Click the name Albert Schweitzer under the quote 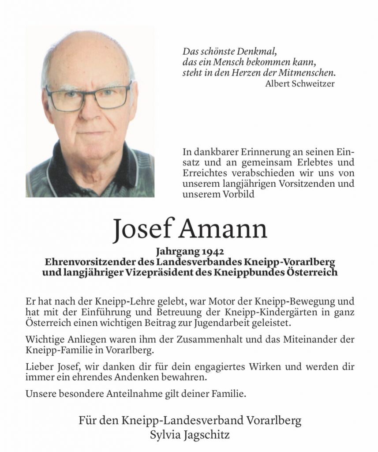[x=300, y=84]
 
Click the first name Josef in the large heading [x=142, y=230]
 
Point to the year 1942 [x=213, y=252]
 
